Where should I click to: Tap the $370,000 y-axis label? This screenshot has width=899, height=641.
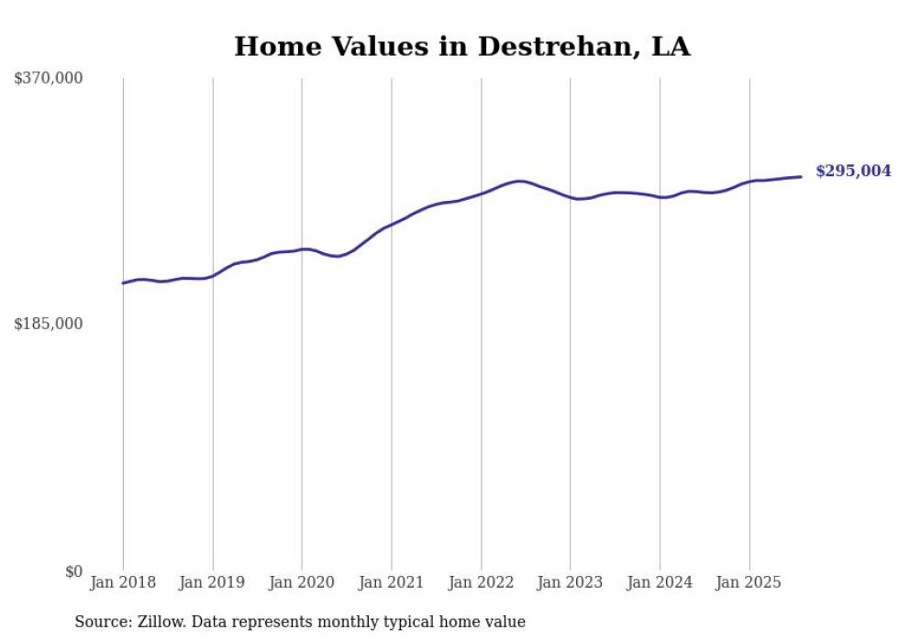49,79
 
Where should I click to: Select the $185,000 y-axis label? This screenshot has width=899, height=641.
49,324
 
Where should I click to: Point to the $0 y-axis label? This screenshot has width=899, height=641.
73,571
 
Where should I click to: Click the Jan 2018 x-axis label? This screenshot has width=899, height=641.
123,582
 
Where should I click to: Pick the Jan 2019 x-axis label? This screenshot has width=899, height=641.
213,582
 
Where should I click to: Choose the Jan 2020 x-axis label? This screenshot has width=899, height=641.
302,582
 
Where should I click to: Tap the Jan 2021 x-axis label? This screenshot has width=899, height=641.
392,582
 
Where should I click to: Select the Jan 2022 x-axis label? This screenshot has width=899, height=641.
481,582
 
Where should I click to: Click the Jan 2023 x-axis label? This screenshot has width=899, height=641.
570,582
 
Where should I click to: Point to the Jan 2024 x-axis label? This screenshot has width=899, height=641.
660,582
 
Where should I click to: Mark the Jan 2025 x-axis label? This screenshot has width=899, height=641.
749,582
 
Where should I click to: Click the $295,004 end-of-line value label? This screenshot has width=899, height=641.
853,171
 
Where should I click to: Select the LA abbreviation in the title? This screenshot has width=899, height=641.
671,47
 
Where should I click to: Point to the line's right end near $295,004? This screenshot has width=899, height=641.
802,176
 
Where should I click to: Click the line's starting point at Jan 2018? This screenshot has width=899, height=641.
123,282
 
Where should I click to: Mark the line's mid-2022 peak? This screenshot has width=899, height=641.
520,181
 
